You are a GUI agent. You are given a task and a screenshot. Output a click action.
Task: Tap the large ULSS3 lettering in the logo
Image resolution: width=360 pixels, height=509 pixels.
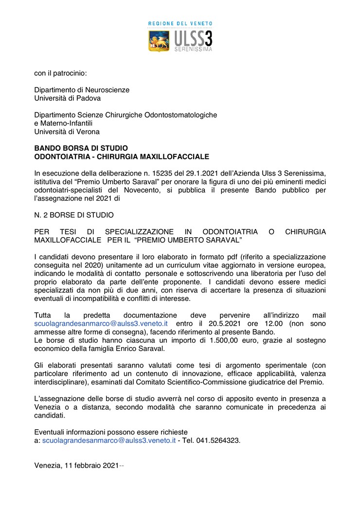pyautogui.click(x=193, y=38)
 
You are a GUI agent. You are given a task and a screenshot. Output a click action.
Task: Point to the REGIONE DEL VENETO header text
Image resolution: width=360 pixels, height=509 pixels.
pyautogui.click(x=180, y=23)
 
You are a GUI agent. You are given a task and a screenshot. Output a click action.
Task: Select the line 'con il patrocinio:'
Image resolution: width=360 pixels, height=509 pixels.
pyautogui.click(x=60, y=73)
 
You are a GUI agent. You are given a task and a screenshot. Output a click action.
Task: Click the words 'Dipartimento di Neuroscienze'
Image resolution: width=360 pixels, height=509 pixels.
pyautogui.click(x=82, y=89)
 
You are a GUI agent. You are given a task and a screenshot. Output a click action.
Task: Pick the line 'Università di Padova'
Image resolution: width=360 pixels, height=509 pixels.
pyautogui.click(x=68, y=98)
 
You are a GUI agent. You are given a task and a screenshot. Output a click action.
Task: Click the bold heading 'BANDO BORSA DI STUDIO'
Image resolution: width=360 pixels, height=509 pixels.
pyautogui.click(x=81, y=148)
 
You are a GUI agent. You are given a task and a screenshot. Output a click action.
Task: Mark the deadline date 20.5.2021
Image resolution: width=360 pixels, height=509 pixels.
pyautogui.click(x=222, y=323)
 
